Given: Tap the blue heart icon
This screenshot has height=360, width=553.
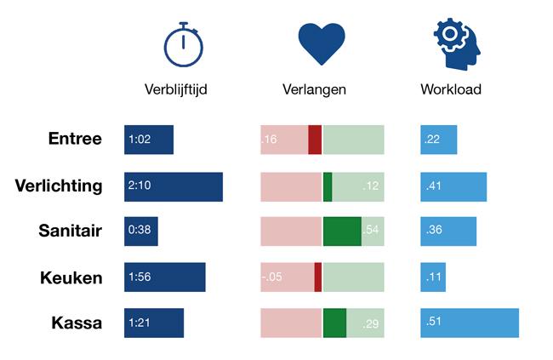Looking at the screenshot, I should point(322,44).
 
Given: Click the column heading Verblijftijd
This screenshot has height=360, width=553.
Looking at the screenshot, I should point(176,89).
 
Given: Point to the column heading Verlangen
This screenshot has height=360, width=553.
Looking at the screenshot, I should point(314,89).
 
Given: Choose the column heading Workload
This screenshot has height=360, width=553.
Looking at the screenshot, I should point(451,89).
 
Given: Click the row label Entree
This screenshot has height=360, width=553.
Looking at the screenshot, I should point(75,140).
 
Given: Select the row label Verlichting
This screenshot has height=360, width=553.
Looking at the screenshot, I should point(59,186).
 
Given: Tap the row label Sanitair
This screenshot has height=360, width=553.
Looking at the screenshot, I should point(71,231).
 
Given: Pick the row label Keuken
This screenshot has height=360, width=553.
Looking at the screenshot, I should point(72,277).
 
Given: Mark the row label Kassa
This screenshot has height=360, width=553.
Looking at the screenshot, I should point(76,323).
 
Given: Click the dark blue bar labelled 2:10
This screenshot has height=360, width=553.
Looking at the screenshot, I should point(174,186).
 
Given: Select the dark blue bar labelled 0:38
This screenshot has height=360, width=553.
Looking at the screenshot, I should point(140,231).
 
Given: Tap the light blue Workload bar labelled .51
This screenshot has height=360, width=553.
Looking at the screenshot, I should point(470,323).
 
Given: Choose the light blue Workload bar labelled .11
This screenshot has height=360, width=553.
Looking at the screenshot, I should point(433,277).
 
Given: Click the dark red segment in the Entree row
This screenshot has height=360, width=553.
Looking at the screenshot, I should point(315,140).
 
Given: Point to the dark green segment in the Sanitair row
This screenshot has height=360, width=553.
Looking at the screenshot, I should point(342,231).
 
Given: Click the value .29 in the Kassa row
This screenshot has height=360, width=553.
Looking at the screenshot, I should point(371,324).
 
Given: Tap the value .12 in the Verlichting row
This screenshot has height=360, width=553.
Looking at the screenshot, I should point(371,186).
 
